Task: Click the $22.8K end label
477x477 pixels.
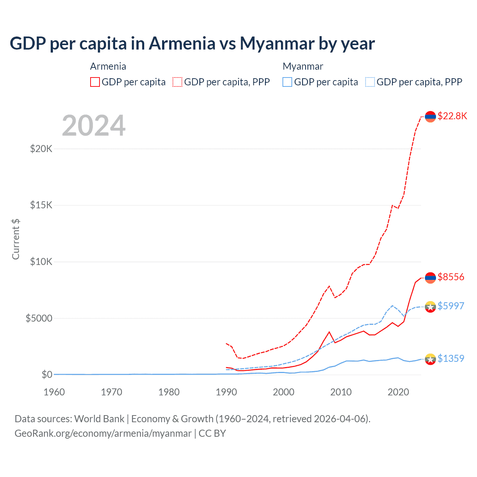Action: tap(452, 116)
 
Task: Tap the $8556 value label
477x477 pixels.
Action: tap(451, 277)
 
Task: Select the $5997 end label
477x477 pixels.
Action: tap(451, 306)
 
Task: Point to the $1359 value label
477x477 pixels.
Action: tap(451, 358)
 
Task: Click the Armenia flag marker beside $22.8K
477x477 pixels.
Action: tap(430, 117)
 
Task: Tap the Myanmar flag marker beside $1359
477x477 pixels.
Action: tap(430, 359)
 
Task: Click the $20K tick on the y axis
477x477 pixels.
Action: tap(41, 149)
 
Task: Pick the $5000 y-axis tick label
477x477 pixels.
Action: tap(39, 318)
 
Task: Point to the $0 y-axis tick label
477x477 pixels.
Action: tap(47, 375)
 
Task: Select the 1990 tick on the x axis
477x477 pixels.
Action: tap(226, 392)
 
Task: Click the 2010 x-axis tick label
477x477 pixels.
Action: tap(341, 392)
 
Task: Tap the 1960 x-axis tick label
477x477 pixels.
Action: tap(54, 392)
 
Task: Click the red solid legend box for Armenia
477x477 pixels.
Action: tap(95, 82)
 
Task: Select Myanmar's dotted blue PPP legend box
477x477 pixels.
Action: tap(370, 82)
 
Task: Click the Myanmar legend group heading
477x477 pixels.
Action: tap(303, 66)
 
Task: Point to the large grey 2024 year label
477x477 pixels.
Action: tap(94, 126)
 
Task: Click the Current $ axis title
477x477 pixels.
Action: tap(16, 239)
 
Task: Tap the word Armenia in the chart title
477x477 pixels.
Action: tap(182, 43)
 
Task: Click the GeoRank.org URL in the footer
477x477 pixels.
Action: tap(103, 433)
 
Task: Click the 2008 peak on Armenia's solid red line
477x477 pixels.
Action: tap(329, 332)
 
